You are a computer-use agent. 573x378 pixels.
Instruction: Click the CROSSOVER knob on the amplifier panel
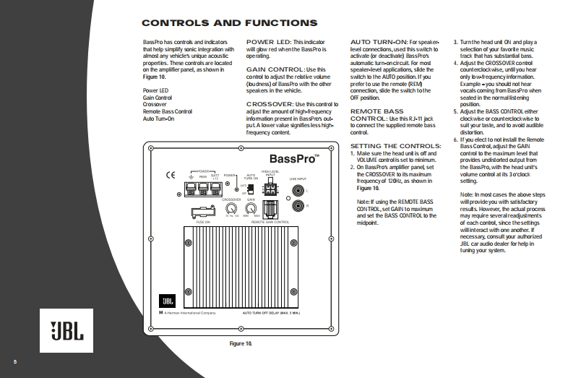231,208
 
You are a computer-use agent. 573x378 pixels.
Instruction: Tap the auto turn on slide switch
250,189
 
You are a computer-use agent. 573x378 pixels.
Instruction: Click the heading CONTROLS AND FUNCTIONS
220,24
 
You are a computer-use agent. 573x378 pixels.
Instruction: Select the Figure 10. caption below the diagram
240,342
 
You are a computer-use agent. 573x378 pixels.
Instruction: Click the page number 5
13,361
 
